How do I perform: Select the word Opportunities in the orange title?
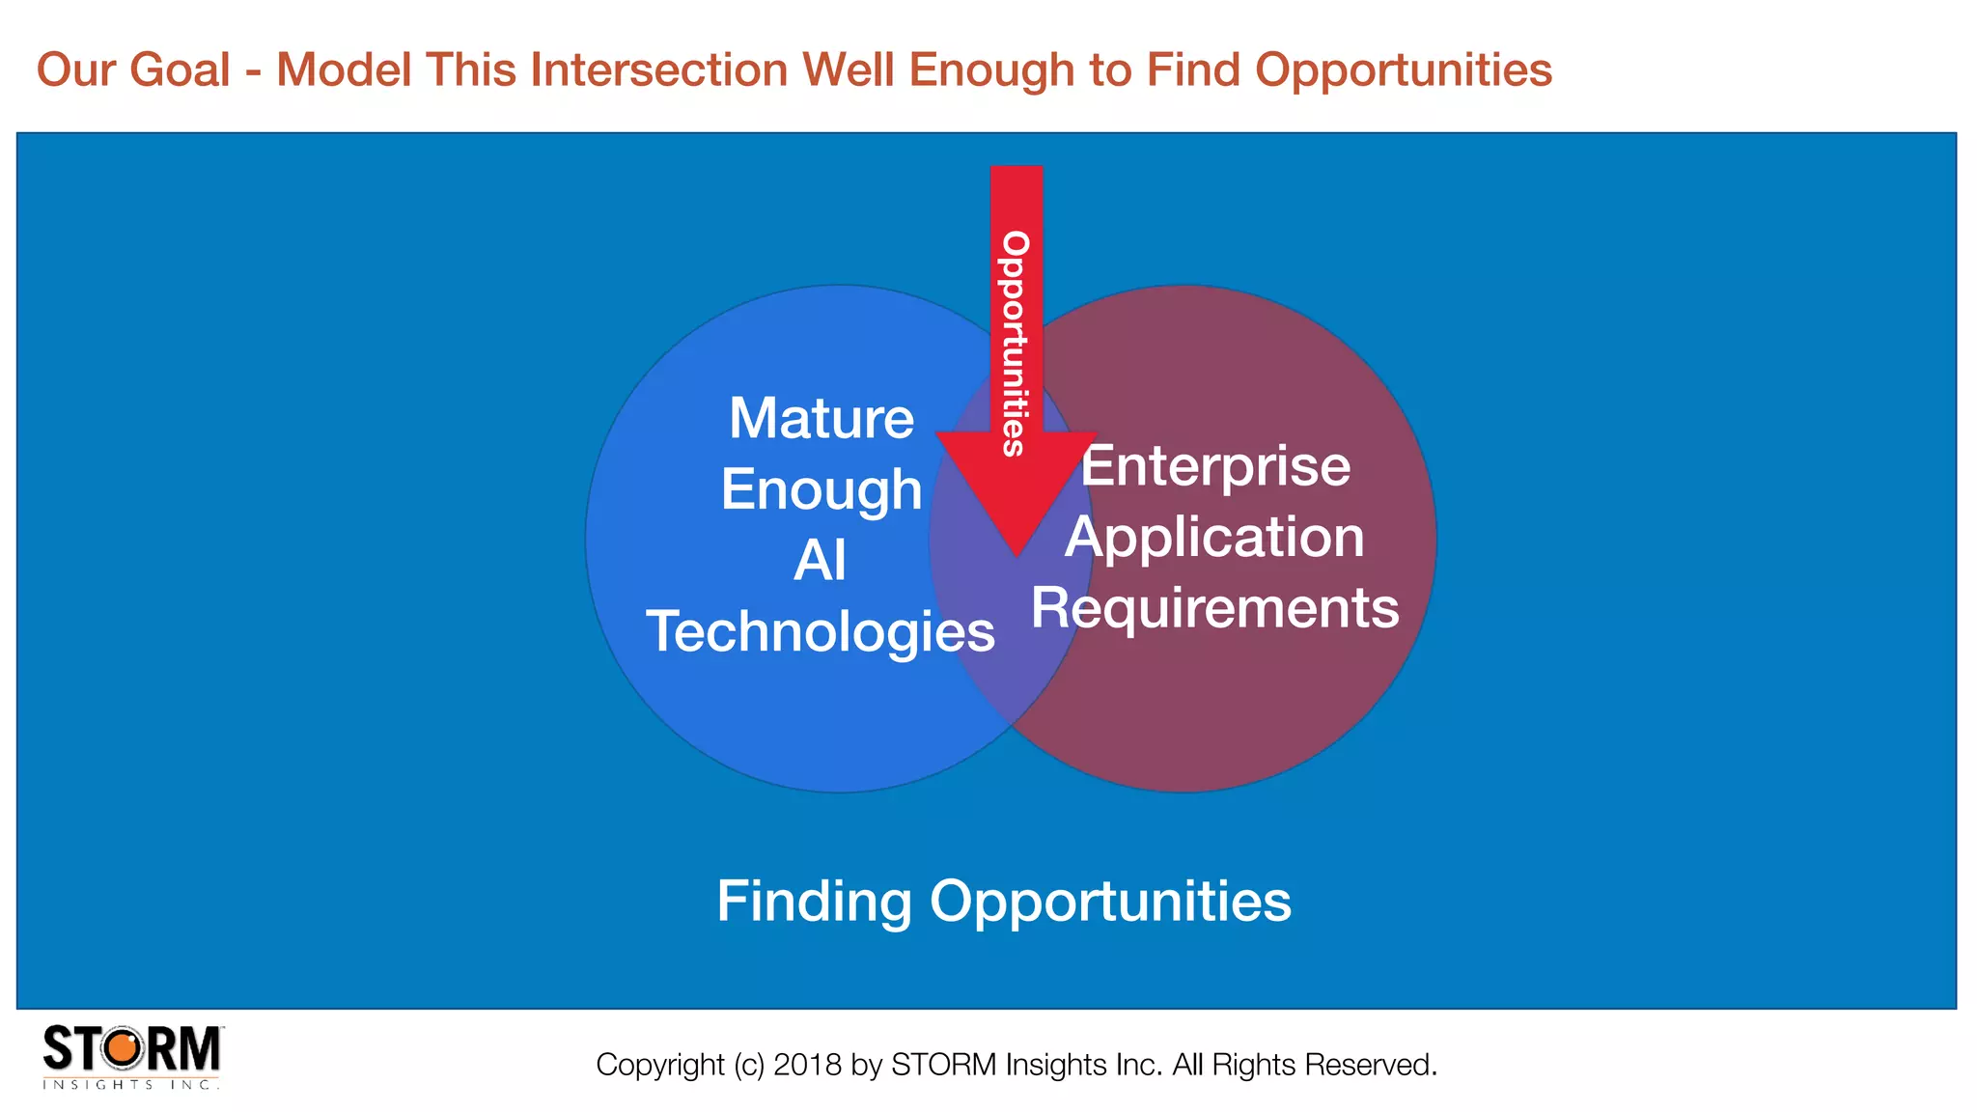[x=1403, y=70]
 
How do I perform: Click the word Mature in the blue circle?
[x=821, y=419]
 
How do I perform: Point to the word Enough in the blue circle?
[x=821, y=489]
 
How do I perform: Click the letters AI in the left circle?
[x=820, y=561]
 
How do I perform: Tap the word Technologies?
[x=820, y=632]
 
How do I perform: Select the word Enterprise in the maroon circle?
[x=1215, y=467]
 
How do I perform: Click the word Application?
[x=1214, y=538]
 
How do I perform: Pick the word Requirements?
[x=1214, y=608]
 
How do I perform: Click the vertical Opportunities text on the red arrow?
[x=1015, y=343]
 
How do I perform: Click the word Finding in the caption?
[x=814, y=902]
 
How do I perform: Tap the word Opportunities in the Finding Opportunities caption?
[x=1110, y=902]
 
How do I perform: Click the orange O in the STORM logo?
[x=123, y=1048]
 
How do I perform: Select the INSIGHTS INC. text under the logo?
[x=131, y=1085]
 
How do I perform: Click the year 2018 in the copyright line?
[x=807, y=1065]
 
